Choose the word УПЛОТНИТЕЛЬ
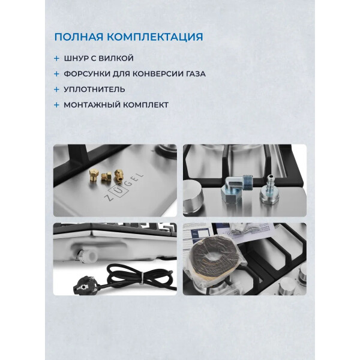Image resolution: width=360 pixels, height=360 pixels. pyautogui.click(x=94, y=89)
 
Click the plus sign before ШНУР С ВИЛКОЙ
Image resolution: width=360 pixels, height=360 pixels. pyautogui.click(x=56, y=59)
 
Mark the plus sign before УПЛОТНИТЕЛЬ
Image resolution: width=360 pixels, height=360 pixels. pyautogui.click(x=56, y=89)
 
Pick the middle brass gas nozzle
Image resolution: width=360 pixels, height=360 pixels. pyautogui.click(x=106, y=176)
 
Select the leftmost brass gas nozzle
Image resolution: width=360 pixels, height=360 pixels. pyautogui.click(x=94, y=175)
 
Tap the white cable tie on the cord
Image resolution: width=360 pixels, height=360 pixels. pyautogui.click(x=142, y=277)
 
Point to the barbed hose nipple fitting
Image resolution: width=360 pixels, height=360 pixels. pyautogui.click(x=269, y=190)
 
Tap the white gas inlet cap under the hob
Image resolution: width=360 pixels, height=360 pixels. pyautogui.click(x=89, y=255)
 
